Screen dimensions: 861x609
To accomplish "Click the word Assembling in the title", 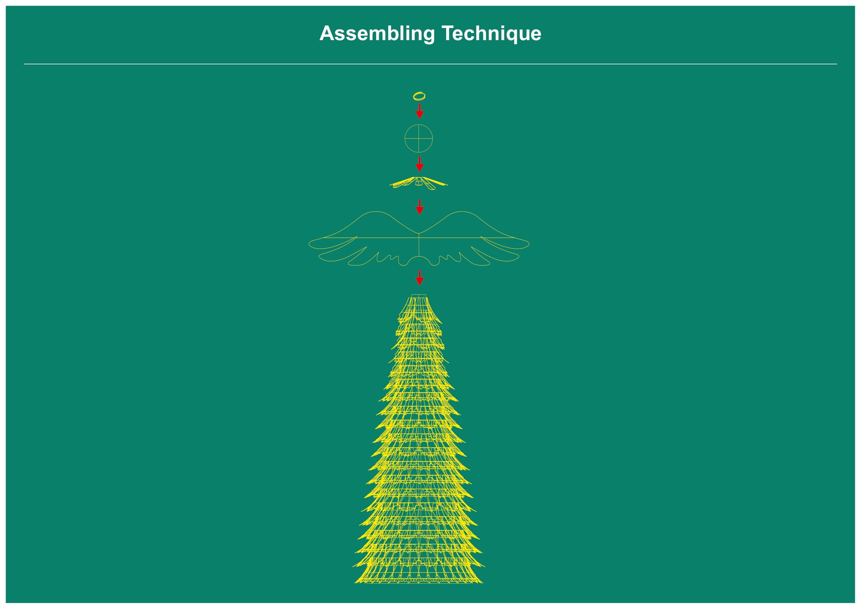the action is click(x=377, y=34).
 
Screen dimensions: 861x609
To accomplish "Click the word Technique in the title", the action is click(x=492, y=34).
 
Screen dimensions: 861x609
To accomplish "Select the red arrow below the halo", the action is click(x=420, y=111).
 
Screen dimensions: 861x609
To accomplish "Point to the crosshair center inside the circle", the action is click(x=419, y=138).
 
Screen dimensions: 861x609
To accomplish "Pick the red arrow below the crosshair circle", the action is click(x=420, y=164).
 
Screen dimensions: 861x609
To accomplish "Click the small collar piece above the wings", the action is click(x=419, y=183).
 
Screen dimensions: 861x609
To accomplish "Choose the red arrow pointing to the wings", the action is click(x=420, y=207).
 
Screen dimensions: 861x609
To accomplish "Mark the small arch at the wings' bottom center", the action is click(x=419, y=257).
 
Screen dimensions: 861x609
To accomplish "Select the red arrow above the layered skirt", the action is click(x=420, y=278).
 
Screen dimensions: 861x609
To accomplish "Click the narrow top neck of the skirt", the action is click(x=419, y=296).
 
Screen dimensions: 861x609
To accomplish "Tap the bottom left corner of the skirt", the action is click(x=355, y=583).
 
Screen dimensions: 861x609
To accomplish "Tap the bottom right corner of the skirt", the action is click(x=483, y=583).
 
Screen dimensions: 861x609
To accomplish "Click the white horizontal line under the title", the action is click(x=430, y=64).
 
